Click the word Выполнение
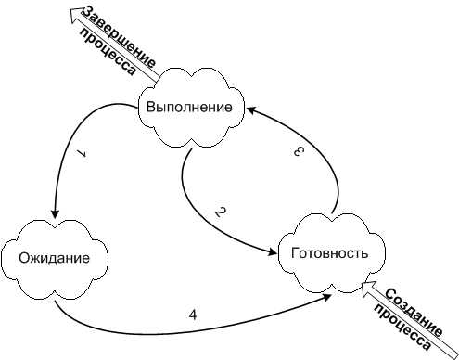(189, 108)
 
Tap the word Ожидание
(54, 258)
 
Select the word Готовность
(330, 253)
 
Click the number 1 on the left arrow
(82, 154)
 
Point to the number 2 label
(221, 212)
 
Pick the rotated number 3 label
(299, 151)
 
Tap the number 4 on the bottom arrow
(193, 315)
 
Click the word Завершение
(119, 37)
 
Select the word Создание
(414, 313)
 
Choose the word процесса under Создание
(402, 328)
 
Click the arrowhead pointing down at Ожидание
(55, 213)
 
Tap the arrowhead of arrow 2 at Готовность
(273, 251)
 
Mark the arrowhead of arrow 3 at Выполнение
(251, 109)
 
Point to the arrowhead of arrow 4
(327, 297)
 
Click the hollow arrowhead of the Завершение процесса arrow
(75, 14)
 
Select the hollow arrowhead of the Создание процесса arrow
(368, 288)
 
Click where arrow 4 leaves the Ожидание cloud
(55, 301)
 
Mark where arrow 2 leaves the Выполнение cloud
(192, 149)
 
